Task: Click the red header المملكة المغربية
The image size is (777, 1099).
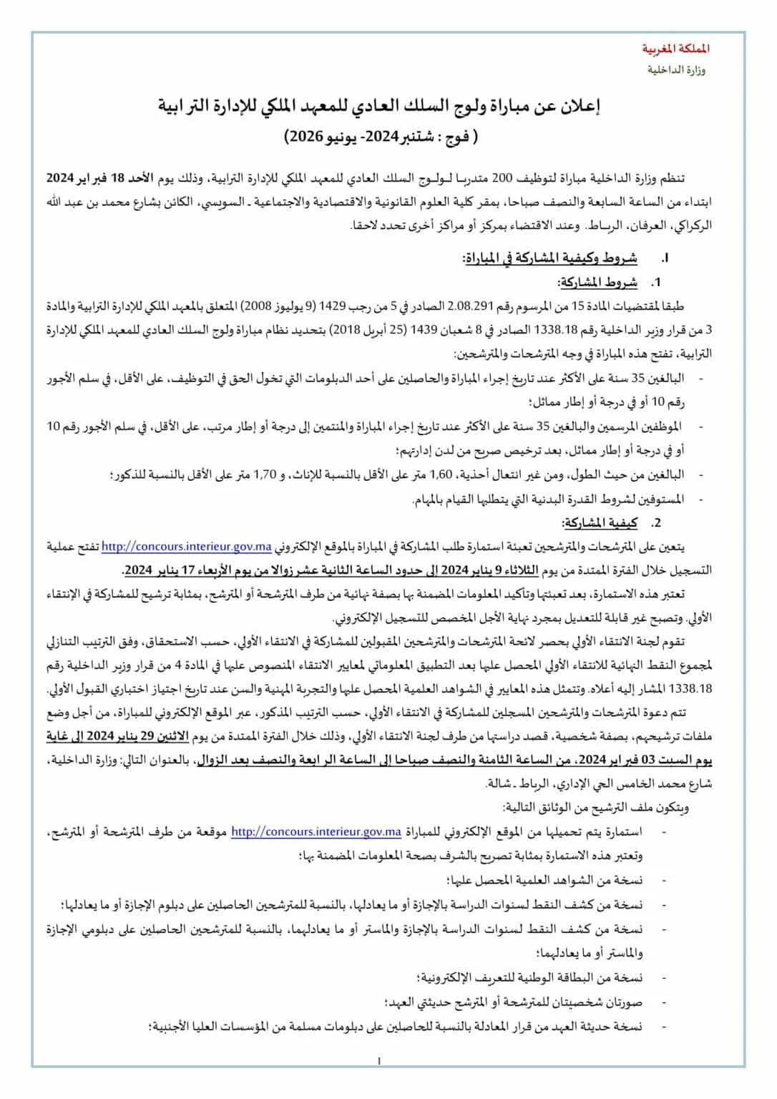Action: pyautogui.click(x=675, y=49)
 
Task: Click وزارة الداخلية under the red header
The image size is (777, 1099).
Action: pyautogui.click(x=676, y=70)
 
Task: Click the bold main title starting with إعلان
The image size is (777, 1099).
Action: pyautogui.click(x=379, y=107)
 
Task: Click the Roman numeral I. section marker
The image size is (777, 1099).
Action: pyautogui.click(x=665, y=258)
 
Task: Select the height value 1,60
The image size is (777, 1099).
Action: pyautogui.click(x=441, y=474)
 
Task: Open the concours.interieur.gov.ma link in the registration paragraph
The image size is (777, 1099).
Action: pyautogui.click(x=187, y=547)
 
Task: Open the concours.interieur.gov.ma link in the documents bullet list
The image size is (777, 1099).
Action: pyautogui.click(x=316, y=832)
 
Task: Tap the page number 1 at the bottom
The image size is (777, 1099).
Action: pyautogui.click(x=379, y=1061)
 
